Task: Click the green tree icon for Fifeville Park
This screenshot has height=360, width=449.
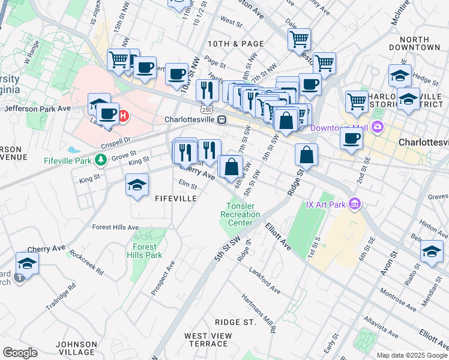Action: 101,160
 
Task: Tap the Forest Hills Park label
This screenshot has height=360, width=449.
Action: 144,250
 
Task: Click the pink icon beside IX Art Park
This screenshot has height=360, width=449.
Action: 354,205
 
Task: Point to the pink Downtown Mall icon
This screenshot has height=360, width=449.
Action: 377,127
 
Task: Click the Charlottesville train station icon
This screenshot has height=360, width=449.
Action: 222,119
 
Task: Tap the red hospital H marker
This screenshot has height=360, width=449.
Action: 123,115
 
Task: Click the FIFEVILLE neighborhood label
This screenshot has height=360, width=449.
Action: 175,198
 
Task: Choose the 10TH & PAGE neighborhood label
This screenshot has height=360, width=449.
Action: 235,44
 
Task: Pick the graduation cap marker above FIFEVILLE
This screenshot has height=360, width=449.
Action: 137,185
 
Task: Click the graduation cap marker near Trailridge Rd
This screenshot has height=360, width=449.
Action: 27,263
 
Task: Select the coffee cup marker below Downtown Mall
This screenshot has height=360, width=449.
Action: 351,138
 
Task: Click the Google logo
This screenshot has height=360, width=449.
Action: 20,353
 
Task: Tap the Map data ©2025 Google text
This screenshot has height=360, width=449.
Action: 411,355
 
